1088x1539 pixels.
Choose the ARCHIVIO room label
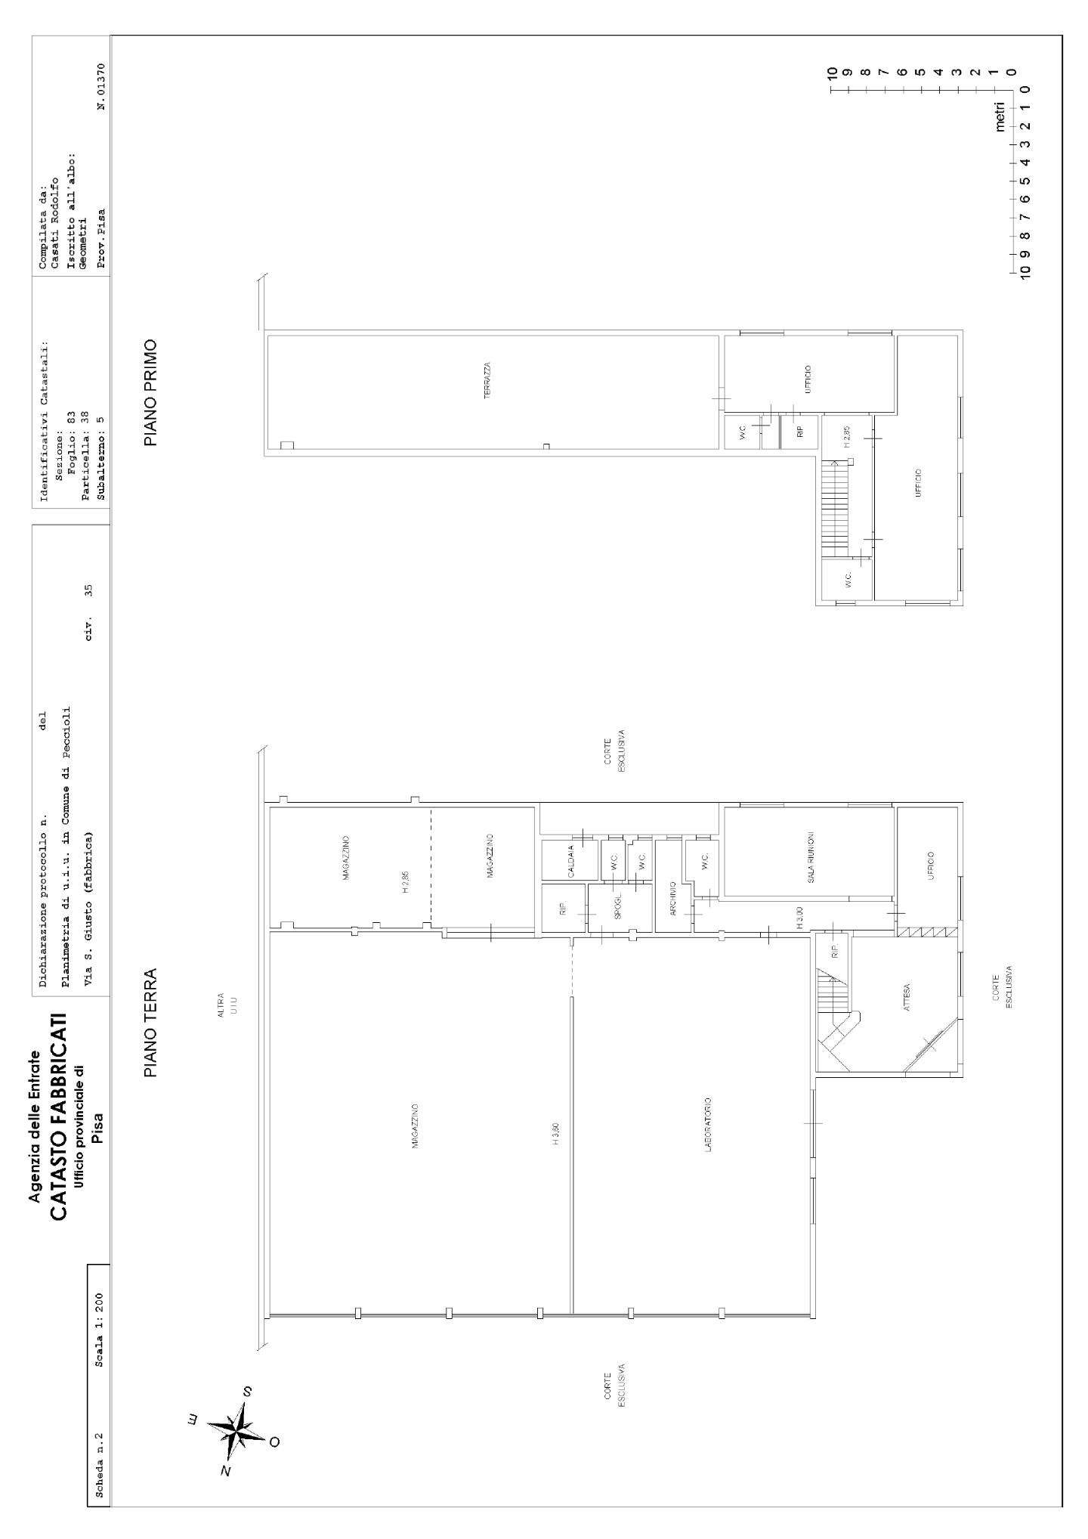(672, 899)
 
